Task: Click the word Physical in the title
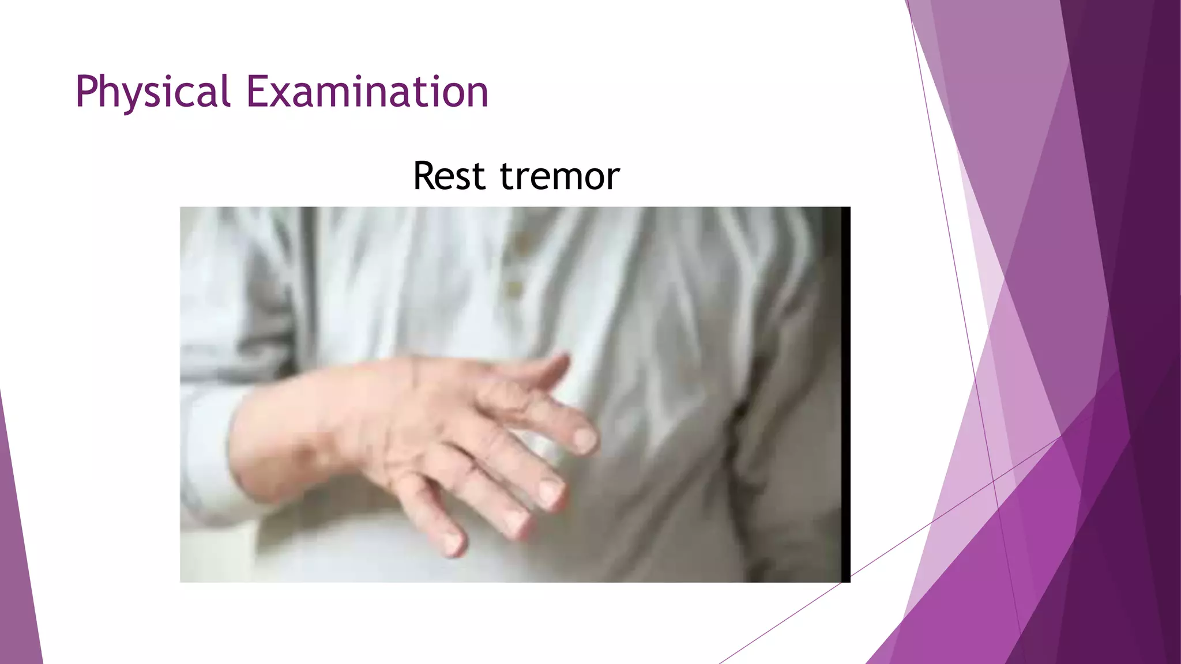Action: [x=153, y=92]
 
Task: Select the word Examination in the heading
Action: [x=367, y=92]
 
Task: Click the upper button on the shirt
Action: [x=522, y=243]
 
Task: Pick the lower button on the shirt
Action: [x=513, y=288]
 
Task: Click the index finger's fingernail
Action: [x=585, y=440]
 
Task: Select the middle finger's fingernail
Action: [x=551, y=493]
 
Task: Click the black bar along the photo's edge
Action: [x=846, y=394]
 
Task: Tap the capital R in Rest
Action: [x=426, y=176]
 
